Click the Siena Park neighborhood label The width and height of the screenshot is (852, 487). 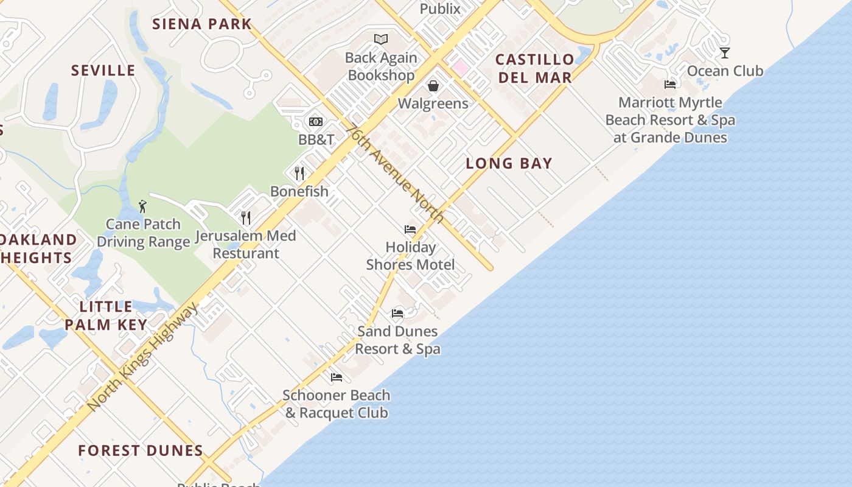coord(201,24)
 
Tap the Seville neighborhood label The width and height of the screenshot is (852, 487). coord(103,71)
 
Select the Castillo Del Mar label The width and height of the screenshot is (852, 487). coord(535,68)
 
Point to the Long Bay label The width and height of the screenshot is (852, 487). coord(509,163)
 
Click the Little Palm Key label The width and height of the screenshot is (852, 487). coord(106,315)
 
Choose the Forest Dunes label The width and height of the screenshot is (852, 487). coord(141,450)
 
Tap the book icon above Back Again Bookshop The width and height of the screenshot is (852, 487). coord(381,40)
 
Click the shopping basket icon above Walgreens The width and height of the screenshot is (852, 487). coord(433,86)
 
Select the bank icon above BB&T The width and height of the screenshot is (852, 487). coord(316,122)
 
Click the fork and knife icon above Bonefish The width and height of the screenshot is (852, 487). coord(299,173)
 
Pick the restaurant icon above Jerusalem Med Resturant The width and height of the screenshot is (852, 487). coord(246,217)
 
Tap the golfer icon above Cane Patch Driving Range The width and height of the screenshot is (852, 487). coord(143,206)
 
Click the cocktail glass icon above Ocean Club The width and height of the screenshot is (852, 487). coord(724,53)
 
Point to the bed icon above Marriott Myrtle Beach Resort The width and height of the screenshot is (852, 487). coord(670,85)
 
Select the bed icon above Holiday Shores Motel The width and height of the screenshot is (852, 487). coord(410,229)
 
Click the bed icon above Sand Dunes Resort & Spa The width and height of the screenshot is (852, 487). coord(397,314)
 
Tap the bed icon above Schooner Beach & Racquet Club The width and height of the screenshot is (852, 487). coord(337,377)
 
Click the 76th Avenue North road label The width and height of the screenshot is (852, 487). coord(394,173)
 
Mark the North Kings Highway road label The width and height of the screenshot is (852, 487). coord(143,356)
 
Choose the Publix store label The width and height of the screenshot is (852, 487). coord(440,9)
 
